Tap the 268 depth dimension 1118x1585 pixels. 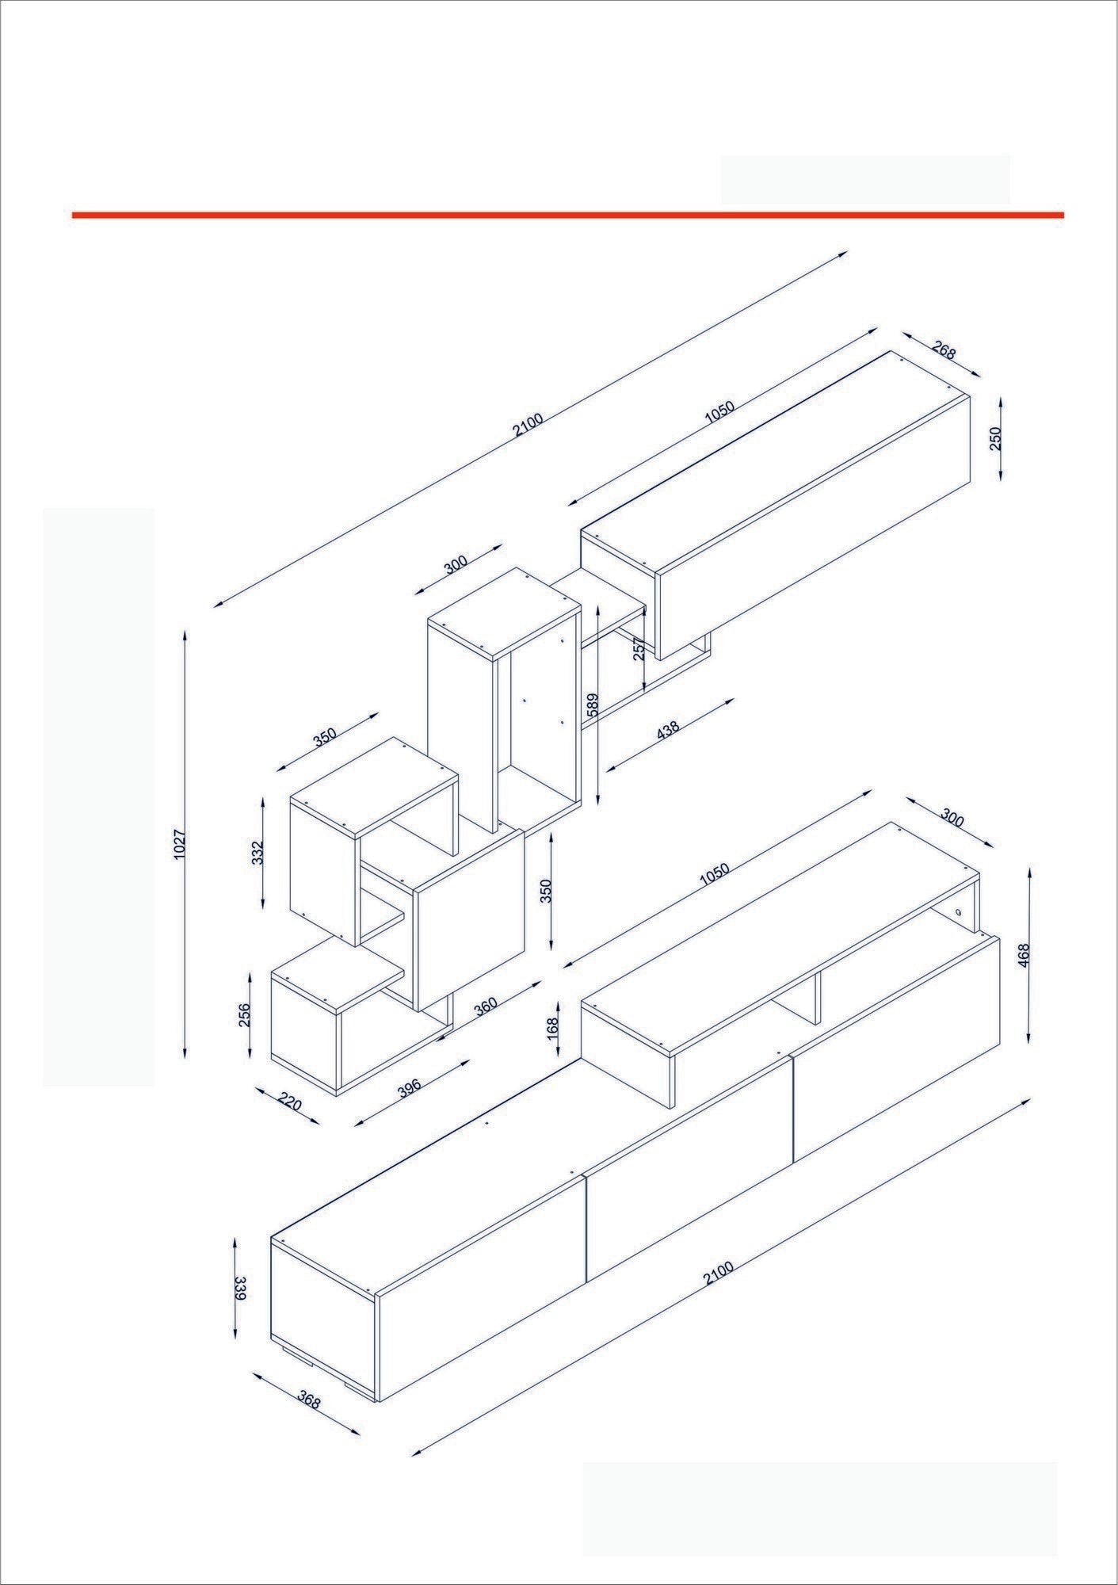point(943,350)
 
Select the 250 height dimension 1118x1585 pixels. point(996,438)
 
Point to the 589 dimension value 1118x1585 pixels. point(592,705)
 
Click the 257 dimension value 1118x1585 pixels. point(638,649)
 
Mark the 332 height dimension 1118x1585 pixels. point(256,854)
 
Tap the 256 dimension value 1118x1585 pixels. point(244,1016)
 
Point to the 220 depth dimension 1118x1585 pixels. point(291,1102)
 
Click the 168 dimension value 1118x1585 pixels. point(553,1028)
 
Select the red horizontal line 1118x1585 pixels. point(567,215)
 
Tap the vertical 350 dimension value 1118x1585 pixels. point(545,892)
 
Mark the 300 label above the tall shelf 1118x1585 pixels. point(456,564)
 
